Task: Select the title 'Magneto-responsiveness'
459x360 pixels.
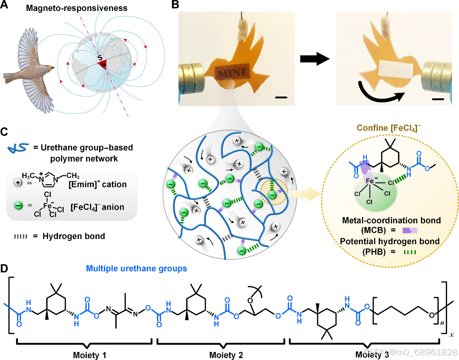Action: click(77, 8)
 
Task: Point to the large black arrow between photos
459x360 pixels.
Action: click(315, 58)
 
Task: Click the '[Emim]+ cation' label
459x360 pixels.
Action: click(98, 185)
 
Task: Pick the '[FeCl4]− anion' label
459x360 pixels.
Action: click(97, 207)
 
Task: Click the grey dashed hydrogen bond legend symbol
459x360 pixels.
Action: click(21, 236)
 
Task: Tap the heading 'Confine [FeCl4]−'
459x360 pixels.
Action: click(388, 128)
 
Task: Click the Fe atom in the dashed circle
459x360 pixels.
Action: click(370, 181)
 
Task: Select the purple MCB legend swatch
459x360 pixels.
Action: click(410, 230)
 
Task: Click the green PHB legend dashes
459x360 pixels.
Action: click(410, 252)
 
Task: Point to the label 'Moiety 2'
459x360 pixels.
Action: click(226, 355)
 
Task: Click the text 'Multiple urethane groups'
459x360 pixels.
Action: click(136, 269)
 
